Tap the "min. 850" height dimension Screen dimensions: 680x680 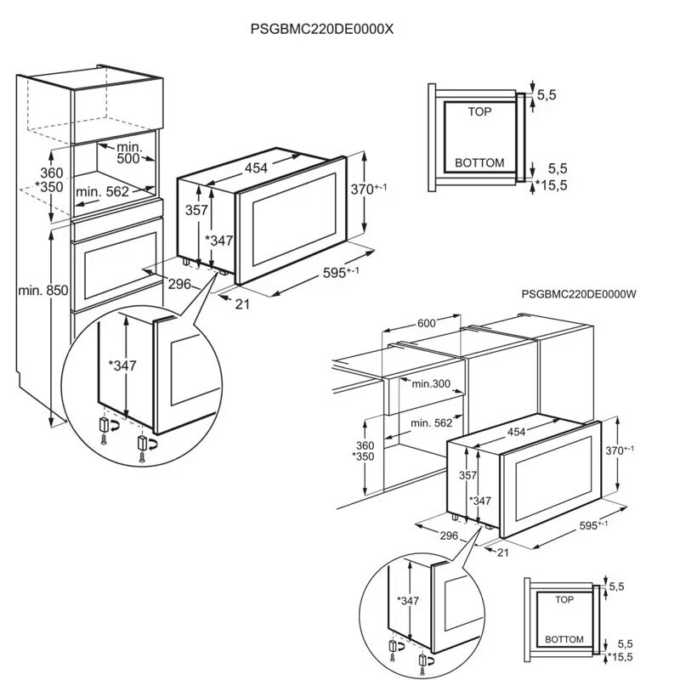[x=42, y=291]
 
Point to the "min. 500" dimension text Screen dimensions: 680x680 [x=128, y=153]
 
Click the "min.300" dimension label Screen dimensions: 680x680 [x=431, y=384]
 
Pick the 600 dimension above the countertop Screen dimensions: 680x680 [x=426, y=323]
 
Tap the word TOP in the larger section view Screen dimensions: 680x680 [x=481, y=111]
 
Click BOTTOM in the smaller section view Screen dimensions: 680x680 [x=564, y=638]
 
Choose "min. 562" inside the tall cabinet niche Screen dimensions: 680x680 [x=102, y=192]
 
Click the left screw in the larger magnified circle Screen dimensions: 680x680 [x=103, y=440]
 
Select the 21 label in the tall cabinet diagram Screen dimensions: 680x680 [x=242, y=304]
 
